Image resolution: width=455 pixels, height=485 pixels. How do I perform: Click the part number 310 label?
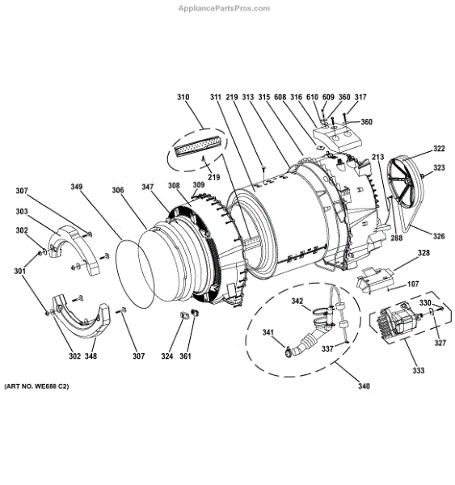(x=183, y=97)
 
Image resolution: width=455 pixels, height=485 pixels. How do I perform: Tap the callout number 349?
(x=77, y=187)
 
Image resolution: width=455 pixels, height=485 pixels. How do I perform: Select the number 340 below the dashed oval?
(x=364, y=386)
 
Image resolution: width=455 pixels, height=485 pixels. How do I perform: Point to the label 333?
(x=418, y=370)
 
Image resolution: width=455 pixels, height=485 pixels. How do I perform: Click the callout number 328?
(x=423, y=253)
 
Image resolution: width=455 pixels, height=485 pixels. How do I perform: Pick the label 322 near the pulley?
(x=439, y=149)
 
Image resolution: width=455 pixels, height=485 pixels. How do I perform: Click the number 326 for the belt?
(x=439, y=236)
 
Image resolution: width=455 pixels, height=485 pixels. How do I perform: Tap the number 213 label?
(x=377, y=157)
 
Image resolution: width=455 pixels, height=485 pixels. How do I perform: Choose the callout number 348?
(x=91, y=356)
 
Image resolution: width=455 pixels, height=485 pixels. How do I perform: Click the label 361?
(x=185, y=356)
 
